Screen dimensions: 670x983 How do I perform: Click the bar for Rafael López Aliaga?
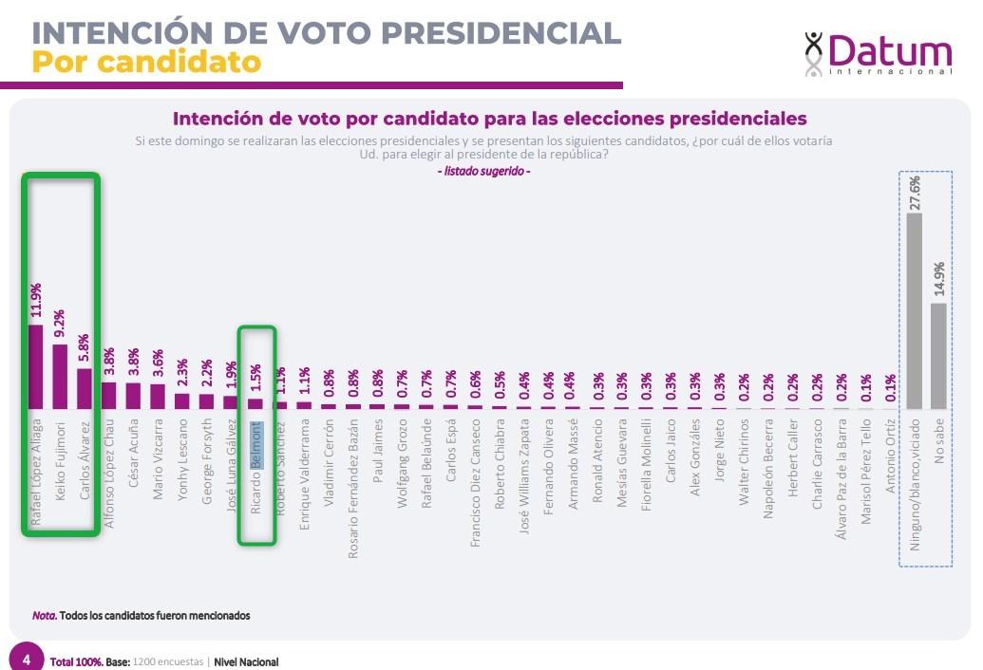click(x=35, y=366)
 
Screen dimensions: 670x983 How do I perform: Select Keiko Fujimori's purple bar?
click(x=59, y=376)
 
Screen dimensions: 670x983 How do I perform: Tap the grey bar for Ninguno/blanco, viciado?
click(x=915, y=310)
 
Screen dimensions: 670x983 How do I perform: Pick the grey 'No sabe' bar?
click(x=938, y=355)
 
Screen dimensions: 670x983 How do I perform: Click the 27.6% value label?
click(x=915, y=193)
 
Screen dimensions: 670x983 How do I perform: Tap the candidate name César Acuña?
click(x=132, y=453)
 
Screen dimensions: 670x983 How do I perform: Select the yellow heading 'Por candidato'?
click(x=146, y=62)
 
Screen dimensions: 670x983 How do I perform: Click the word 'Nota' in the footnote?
click(x=44, y=615)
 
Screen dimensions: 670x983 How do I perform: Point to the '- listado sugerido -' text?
click(x=483, y=171)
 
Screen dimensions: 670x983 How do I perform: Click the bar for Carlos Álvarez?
click(x=84, y=388)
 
